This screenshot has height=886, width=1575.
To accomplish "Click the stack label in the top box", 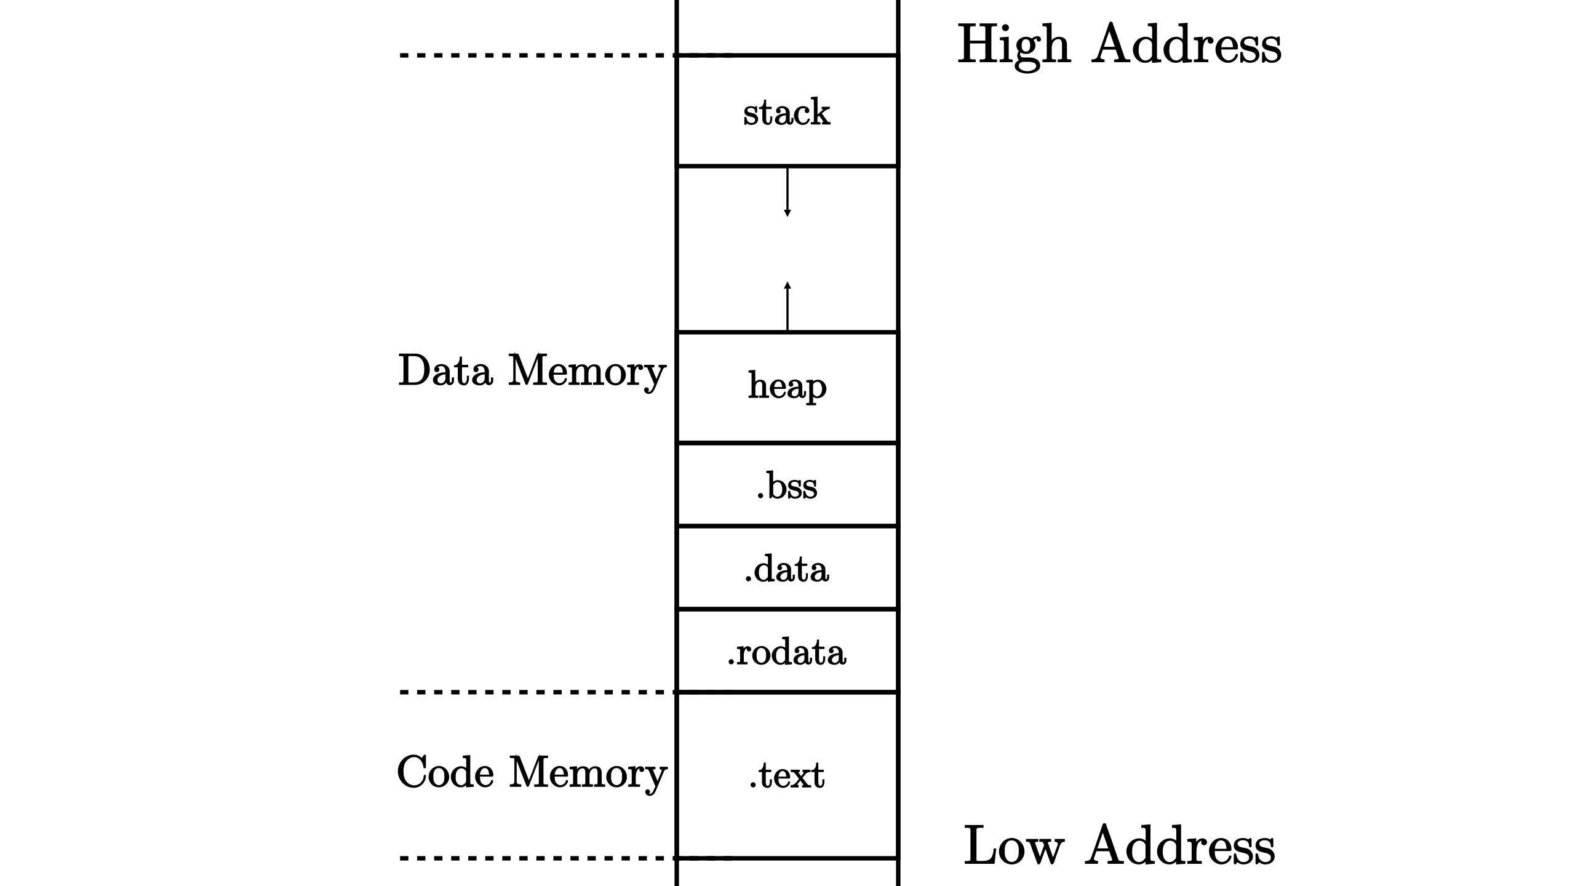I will [x=786, y=113].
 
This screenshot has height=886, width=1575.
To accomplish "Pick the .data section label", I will [x=787, y=569].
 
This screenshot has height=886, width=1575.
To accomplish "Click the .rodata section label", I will [x=787, y=652].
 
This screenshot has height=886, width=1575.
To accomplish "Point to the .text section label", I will [x=787, y=775].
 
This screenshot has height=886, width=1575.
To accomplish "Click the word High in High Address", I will [x=1014, y=46].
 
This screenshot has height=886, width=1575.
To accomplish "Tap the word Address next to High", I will [x=1186, y=44].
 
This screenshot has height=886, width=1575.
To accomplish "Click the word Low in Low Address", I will [x=1013, y=847].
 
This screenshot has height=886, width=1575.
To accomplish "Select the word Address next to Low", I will [x=1179, y=847].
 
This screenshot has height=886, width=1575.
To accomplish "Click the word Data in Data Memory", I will [x=445, y=371].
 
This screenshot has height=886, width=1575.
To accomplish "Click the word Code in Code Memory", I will [x=445, y=772].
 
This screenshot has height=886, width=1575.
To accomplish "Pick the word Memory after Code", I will [x=588, y=773].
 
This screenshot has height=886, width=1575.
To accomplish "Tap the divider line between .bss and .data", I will [x=787, y=526].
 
